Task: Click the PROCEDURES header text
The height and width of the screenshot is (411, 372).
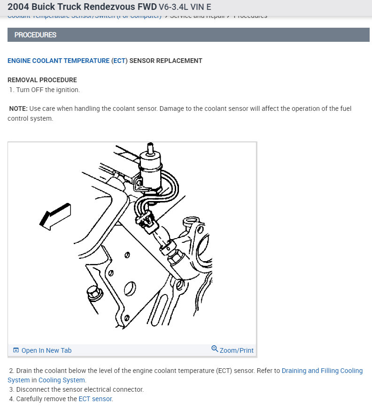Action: pos(35,35)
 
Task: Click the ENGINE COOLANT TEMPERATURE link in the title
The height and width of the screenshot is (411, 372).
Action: pos(59,61)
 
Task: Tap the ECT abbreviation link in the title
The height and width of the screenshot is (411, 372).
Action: pos(119,61)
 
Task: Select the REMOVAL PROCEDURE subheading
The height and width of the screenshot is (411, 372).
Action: pos(42,80)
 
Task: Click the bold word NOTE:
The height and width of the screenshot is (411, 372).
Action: pos(18,109)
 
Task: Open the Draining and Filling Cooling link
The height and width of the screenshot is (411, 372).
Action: pos(322,371)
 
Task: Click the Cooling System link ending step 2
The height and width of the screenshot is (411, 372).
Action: pos(62,380)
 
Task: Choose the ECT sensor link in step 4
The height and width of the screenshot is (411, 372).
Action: pos(95,399)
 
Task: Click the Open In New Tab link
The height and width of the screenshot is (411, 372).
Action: pos(46,350)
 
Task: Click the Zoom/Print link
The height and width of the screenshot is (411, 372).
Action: pos(236,350)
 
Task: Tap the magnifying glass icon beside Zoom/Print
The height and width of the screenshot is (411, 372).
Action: pos(215,349)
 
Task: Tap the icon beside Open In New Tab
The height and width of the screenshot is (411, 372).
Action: pos(16,350)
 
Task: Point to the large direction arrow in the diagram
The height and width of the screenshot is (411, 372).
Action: pos(55,217)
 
